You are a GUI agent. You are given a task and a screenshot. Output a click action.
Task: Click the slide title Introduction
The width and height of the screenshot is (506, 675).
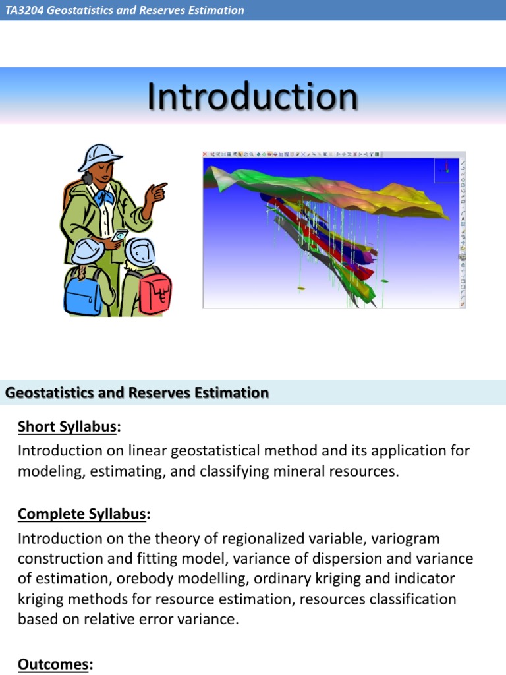252,97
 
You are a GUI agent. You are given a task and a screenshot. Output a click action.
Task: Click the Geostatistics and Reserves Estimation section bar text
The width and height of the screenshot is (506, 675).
137,393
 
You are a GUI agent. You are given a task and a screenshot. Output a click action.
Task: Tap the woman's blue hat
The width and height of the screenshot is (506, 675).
99,158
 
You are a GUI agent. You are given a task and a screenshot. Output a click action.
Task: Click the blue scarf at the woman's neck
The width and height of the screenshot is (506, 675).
104,196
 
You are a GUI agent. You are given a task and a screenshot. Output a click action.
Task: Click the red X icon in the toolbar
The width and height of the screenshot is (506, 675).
206,154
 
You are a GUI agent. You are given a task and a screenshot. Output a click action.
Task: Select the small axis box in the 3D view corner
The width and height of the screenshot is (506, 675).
446,170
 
